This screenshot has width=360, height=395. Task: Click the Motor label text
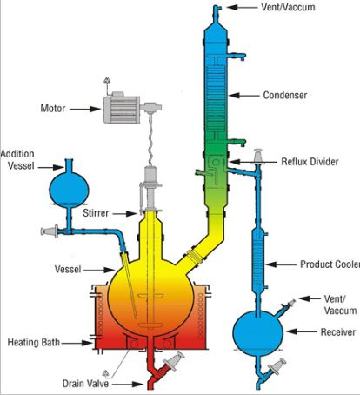click(x=57, y=110)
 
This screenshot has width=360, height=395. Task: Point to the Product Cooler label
click(x=329, y=264)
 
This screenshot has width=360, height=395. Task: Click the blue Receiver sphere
click(x=261, y=331)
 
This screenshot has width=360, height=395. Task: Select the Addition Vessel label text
click(x=21, y=159)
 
